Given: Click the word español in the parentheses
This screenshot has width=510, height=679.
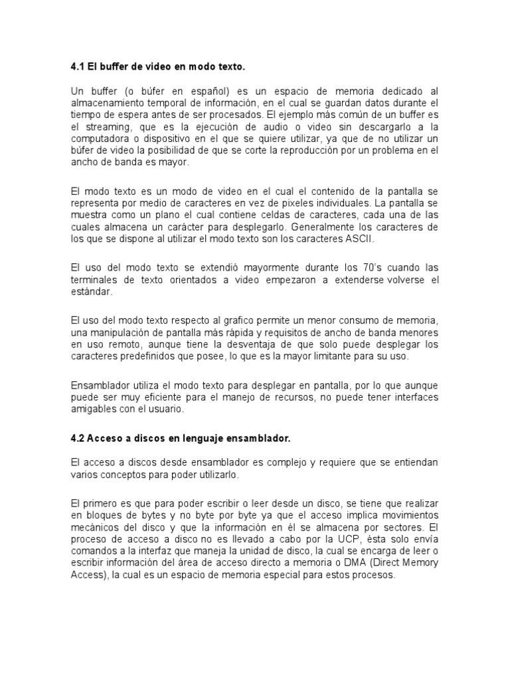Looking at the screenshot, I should [206, 90].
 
